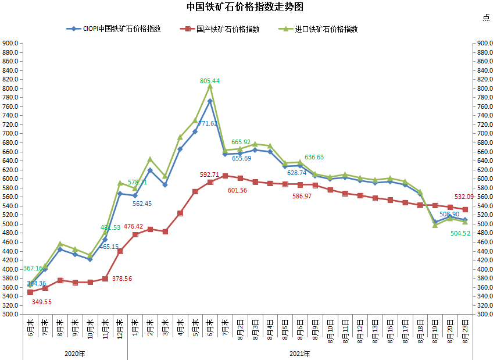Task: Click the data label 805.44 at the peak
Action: pos(210,81)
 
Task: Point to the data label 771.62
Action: pos(208,123)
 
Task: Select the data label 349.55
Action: pos(41,302)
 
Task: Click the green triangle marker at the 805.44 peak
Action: pos(210,86)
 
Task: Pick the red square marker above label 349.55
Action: pos(30,292)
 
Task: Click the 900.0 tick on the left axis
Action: pos(12,43)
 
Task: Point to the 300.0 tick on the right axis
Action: pos(485,314)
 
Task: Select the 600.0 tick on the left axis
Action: pos(12,179)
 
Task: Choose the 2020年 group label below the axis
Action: pos(74,353)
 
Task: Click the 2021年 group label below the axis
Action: pos(299,353)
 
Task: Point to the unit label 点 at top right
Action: pos(486,17)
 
